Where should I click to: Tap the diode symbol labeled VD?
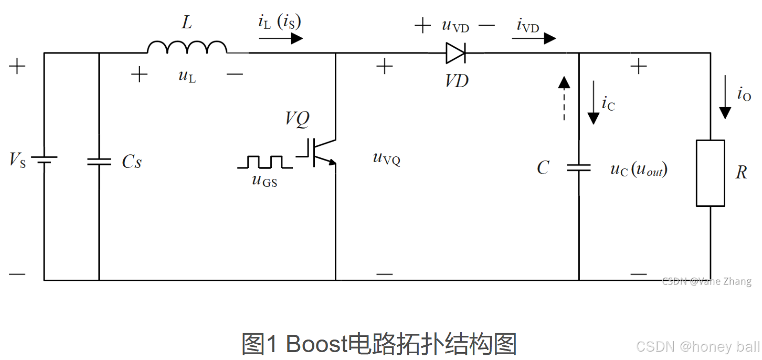456,53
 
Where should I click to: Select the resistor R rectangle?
711,173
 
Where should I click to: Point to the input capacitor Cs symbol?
99,161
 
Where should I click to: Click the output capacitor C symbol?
579,168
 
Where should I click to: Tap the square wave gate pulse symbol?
265,162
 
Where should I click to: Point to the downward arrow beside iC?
593,103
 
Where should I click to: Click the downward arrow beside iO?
725,97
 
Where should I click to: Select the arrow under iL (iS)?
281,38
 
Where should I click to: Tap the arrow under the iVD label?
534,38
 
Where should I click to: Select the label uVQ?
387,158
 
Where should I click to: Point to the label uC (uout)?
639,169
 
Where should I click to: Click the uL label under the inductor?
187,76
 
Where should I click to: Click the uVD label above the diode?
455,25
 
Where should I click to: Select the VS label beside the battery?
17,161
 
